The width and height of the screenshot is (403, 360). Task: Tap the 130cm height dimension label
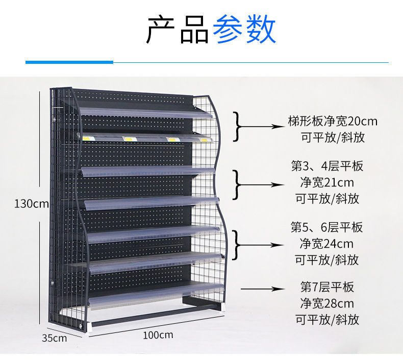(31, 204)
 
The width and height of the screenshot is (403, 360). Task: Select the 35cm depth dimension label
(54, 338)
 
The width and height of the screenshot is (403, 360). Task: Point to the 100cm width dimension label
(158, 335)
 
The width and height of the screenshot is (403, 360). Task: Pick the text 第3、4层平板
(327, 166)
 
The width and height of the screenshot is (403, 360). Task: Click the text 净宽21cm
(326, 182)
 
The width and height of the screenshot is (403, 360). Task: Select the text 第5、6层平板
(327, 227)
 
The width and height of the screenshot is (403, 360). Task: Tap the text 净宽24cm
(326, 243)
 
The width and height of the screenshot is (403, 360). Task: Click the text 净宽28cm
(326, 303)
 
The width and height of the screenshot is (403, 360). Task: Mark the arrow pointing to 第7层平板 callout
(262, 289)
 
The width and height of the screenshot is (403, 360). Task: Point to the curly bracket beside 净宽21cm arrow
(237, 184)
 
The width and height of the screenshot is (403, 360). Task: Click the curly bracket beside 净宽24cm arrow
(237, 245)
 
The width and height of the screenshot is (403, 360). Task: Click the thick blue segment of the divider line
(69, 62)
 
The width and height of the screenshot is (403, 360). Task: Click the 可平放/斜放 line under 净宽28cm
(327, 320)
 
